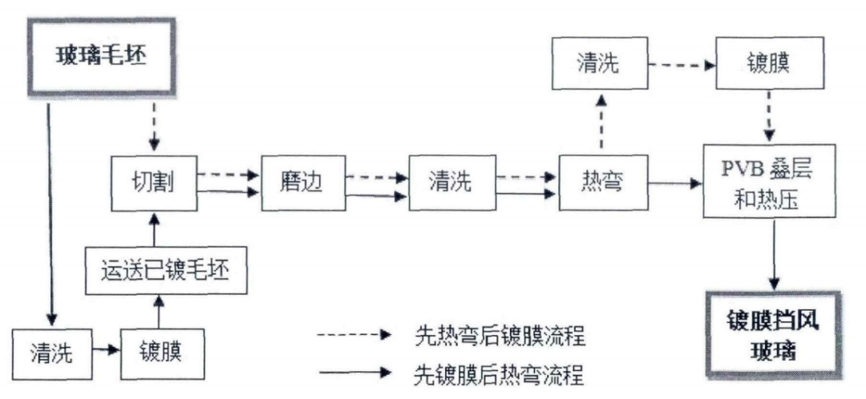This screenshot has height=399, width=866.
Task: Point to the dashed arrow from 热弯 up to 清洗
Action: pyautogui.click(x=602, y=121)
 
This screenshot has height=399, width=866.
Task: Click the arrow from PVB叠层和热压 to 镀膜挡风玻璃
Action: pyautogui.click(x=775, y=256)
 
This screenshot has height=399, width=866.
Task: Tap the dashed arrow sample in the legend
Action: pyautogui.click(x=352, y=337)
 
